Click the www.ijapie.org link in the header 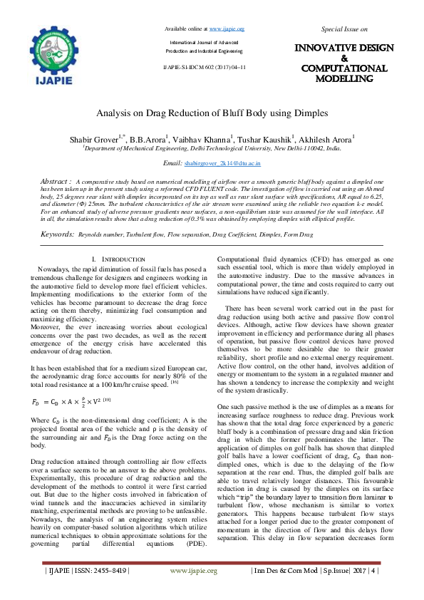227,29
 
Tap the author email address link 222,164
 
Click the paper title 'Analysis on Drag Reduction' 212,113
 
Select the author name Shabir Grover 103,138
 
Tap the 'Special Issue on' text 344,29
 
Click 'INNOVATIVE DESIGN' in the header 344,48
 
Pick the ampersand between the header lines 344,58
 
